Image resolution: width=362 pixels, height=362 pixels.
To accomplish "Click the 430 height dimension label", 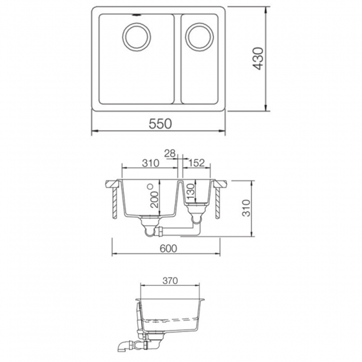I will [x=257, y=58].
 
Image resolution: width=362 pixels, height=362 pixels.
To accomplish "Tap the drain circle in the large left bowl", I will [x=135, y=37].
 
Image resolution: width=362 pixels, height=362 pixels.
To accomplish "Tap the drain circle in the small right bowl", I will [x=199, y=37].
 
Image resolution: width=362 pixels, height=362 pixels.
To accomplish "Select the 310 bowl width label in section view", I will [x=150, y=163].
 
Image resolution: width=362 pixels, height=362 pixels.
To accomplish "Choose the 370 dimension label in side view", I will [x=170, y=281].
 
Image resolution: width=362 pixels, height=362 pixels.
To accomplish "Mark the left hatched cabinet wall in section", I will [x=114, y=202].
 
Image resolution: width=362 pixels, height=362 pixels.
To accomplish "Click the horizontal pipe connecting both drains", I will [x=178, y=229].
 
